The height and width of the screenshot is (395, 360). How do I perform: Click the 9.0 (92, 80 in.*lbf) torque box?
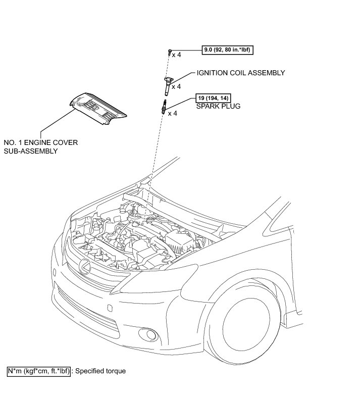click(227, 50)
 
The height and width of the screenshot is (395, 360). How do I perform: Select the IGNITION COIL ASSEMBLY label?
click(241, 73)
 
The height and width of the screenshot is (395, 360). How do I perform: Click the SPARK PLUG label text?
click(218, 107)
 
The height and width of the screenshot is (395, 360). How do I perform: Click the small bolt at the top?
click(169, 52)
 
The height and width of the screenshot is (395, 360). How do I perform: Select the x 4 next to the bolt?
click(177, 55)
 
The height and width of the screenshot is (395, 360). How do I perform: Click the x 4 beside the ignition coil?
click(177, 87)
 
